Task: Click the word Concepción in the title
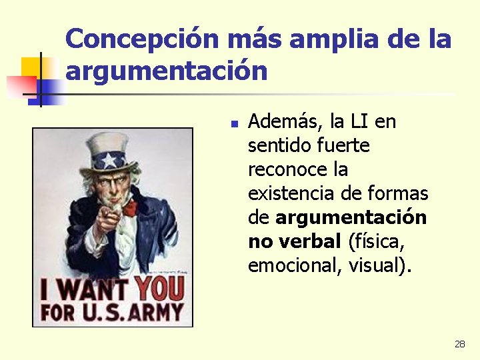pyautogui.click(x=142, y=39)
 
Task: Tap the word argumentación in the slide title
pyautogui.click(x=167, y=71)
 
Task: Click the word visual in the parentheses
pyautogui.click(x=382, y=265)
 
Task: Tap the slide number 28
pyautogui.click(x=459, y=344)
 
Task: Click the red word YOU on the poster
pyautogui.click(x=158, y=289)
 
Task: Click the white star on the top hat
pyautogui.click(x=109, y=160)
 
